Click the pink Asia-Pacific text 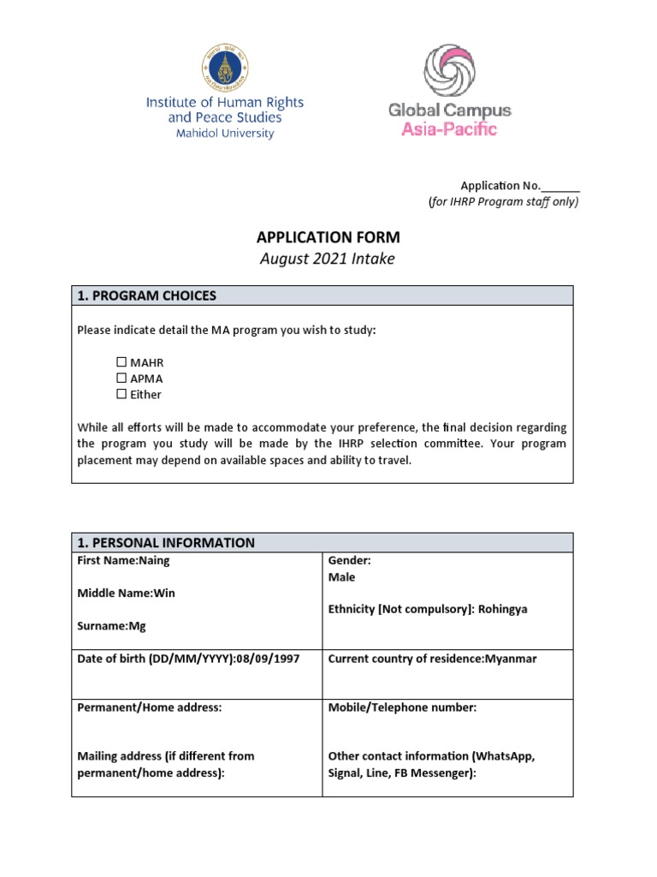tap(449, 129)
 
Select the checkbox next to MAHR tap(121, 362)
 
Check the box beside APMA tap(121, 378)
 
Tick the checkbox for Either tap(121, 394)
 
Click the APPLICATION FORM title tap(328, 237)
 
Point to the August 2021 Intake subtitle tap(328, 259)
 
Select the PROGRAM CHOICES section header tap(147, 295)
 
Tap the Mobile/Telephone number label tap(402, 707)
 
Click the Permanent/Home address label tap(149, 707)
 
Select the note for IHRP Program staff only tap(503, 202)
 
